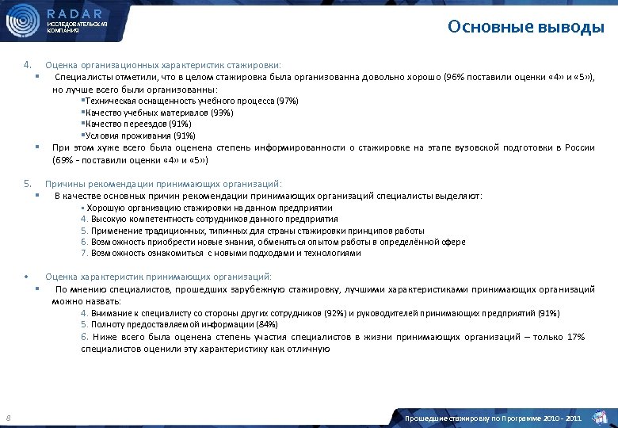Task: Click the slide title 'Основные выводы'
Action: pyautogui.click(x=525, y=28)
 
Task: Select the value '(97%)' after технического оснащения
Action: pyautogui.click(x=286, y=101)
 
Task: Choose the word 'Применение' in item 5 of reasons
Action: pyautogui.click(x=113, y=231)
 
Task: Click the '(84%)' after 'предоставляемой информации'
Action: pyautogui.click(x=262, y=325)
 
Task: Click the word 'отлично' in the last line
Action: pyautogui.click(x=312, y=349)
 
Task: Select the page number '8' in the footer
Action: pyautogui.click(x=7, y=418)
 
